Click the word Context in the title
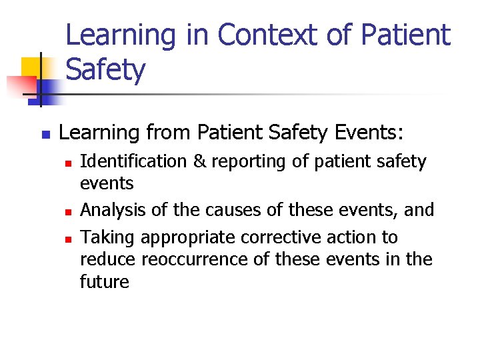point(270,35)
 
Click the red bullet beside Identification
point(67,163)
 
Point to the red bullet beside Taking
point(67,239)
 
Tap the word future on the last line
point(105,281)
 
